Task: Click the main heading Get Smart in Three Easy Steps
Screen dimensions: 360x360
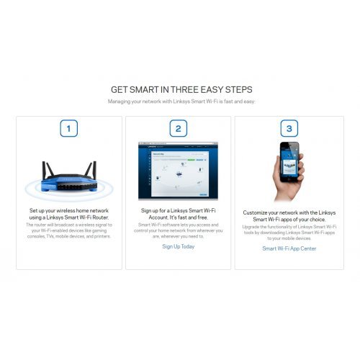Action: click(x=181, y=90)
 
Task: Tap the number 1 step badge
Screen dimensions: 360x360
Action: click(x=68, y=129)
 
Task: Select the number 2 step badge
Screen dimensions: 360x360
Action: click(x=178, y=129)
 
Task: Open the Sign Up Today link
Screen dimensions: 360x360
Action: click(x=178, y=246)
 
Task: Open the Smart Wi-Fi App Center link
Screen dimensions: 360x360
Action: click(x=288, y=248)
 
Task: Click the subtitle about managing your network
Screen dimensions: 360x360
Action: click(x=181, y=102)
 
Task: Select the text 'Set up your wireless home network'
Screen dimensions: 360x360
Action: click(x=68, y=211)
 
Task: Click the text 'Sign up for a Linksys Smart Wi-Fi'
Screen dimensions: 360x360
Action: click(x=178, y=211)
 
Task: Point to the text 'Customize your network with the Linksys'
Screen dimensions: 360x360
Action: click(x=288, y=214)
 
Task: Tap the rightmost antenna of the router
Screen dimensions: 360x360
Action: click(x=94, y=170)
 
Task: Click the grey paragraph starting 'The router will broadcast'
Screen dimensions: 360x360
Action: click(x=68, y=230)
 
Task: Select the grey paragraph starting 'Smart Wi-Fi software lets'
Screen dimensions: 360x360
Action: click(x=178, y=230)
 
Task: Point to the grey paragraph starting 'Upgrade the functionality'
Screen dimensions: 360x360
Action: click(x=288, y=233)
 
